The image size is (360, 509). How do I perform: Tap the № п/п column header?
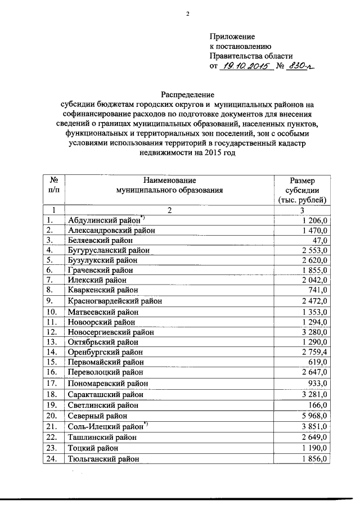pyautogui.click(x=55, y=185)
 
